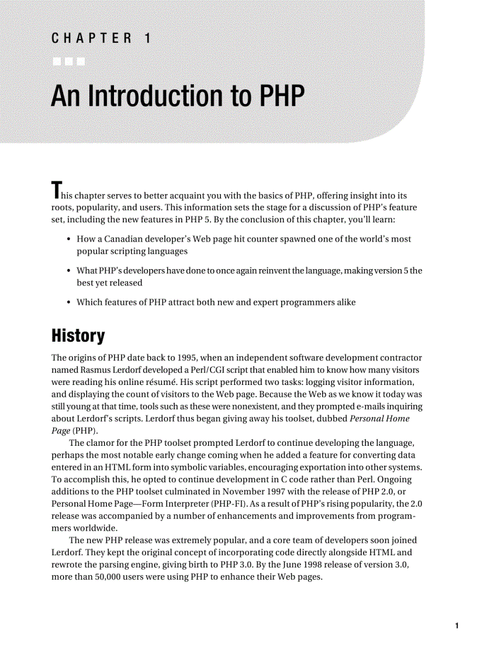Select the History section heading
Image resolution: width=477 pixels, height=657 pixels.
click(78, 336)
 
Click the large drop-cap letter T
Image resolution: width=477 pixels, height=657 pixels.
click(56, 191)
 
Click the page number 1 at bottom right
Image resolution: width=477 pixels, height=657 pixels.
click(457, 626)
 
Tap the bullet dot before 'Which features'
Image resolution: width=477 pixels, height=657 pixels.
click(70, 302)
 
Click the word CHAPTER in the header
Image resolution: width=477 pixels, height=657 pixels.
click(91, 39)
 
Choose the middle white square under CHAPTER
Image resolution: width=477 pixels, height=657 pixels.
click(68, 61)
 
